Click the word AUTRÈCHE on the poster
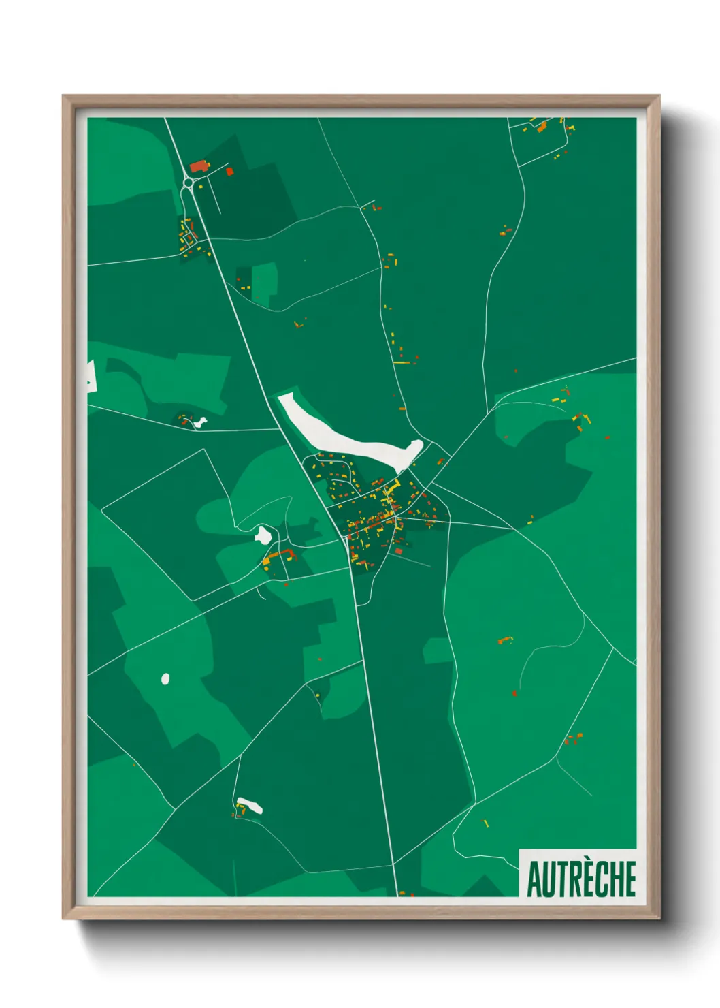[x=581, y=879]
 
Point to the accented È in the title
[x=586, y=879]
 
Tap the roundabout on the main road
[x=189, y=183]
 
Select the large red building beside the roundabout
[x=199, y=166]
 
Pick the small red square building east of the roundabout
[x=229, y=171]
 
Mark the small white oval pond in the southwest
[x=165, y=678]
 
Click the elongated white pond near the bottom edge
[x=249, y=806]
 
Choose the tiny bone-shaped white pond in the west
[x=199, y=422]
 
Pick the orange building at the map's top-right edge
[x=542, y=127]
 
